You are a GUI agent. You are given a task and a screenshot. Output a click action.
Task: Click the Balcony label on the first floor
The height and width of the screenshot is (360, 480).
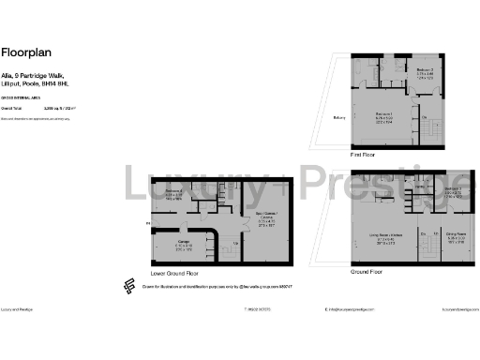tap(339, 117)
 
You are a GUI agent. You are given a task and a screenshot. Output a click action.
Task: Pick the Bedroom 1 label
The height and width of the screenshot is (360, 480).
tap(385, 112)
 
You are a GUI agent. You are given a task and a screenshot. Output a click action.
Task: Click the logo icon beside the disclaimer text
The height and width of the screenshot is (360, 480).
tap(128, 287)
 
